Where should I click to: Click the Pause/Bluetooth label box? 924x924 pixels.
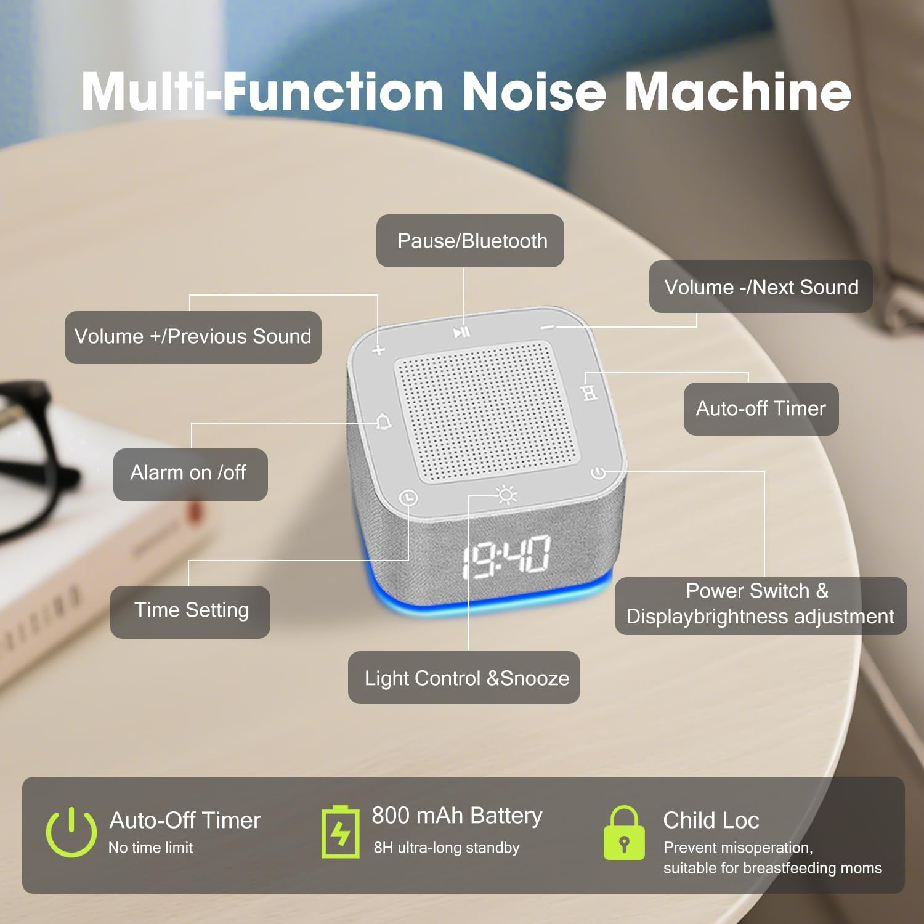tap(470, 241)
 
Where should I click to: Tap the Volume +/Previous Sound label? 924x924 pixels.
tap(193, 337)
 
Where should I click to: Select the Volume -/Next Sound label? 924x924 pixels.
tap(761, 287)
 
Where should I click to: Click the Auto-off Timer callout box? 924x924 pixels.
tap(761, 408)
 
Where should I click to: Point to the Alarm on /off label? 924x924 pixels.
tap(190, 474)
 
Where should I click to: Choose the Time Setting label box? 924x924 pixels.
tap(190, 611)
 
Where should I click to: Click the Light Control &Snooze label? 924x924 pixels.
tap(464, 678)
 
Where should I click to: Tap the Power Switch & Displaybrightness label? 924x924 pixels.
tap(760, 605)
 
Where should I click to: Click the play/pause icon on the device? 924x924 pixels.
tap(461, 333)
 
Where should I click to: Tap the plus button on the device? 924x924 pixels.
tap(379, 350)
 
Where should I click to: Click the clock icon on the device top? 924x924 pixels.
tap(408, 497)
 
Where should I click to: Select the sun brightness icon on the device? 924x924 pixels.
tap(506, 495)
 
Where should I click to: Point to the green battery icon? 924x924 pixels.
tap(340, 832)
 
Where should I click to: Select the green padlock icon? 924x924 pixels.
tap(624, 833)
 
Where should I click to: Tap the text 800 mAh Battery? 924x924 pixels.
tap(456, 816)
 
